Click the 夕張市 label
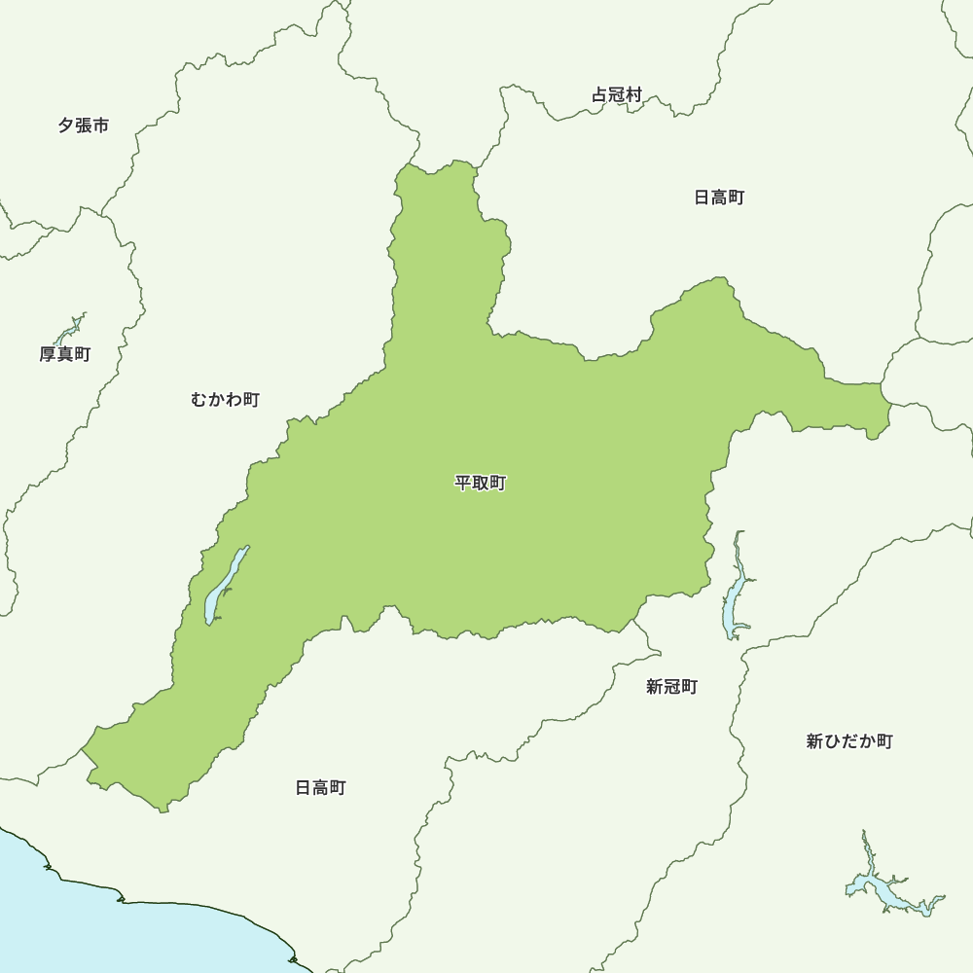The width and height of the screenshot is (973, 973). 83,126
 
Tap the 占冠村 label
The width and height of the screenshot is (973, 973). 617,95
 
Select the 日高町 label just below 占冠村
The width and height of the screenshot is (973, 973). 719,198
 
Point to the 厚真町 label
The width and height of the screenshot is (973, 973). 65,354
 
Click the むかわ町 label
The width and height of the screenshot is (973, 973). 226,399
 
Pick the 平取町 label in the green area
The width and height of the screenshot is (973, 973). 481,483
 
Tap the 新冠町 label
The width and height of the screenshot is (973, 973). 671,687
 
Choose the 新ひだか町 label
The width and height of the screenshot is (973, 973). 849,741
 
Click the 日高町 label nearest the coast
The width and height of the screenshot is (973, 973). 320,787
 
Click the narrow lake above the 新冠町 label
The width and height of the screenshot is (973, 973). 735,594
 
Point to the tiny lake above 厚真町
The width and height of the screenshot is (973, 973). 74,324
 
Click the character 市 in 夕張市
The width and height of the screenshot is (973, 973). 100,126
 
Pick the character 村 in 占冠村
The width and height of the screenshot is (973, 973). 634,95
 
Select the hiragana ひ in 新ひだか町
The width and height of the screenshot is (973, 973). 832,741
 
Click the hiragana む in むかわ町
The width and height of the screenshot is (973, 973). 199,399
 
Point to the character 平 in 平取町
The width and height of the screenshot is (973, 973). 463,483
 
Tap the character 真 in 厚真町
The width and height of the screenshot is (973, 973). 65,354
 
